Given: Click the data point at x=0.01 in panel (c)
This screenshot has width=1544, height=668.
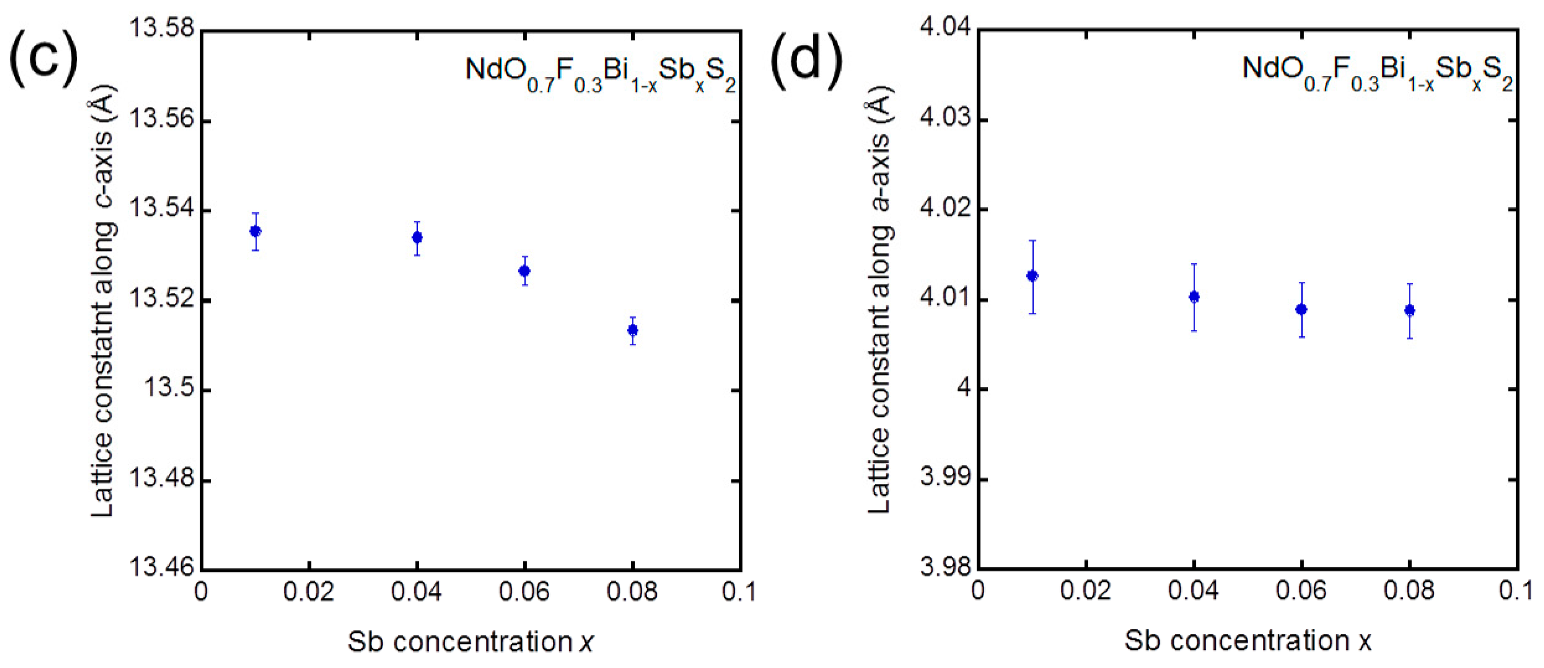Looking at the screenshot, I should point(255,231).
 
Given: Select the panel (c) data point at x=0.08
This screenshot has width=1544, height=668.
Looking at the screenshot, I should point(632,330).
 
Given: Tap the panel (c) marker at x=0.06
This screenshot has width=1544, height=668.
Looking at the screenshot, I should point(525,271).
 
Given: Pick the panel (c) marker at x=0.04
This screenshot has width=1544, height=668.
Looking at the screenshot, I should point(417,237).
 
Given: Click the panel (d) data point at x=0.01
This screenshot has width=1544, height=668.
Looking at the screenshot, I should point(1032,276).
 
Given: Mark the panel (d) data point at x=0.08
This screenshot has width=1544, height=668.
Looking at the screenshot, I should point(1410,310).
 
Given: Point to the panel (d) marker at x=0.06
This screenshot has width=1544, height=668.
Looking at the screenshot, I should point(1301,309).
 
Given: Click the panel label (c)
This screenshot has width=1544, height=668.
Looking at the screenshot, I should point(43,59).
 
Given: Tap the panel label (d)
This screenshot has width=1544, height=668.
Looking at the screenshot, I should point(805,59).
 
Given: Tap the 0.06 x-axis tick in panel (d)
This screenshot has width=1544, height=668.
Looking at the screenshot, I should point(1301,591).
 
